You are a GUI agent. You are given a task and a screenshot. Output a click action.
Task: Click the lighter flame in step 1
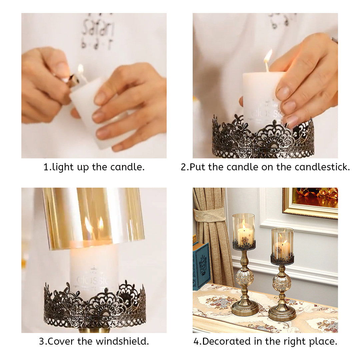(80, 69)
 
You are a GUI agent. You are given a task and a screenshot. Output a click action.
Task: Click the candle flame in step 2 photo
(268, 56)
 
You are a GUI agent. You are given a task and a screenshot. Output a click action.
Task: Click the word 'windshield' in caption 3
(122, 341)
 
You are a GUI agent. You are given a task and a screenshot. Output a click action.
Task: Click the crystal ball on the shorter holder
(282, 283)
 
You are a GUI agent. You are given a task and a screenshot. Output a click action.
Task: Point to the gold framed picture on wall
(310, 202)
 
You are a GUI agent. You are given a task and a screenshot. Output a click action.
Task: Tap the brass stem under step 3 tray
(94, 330)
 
